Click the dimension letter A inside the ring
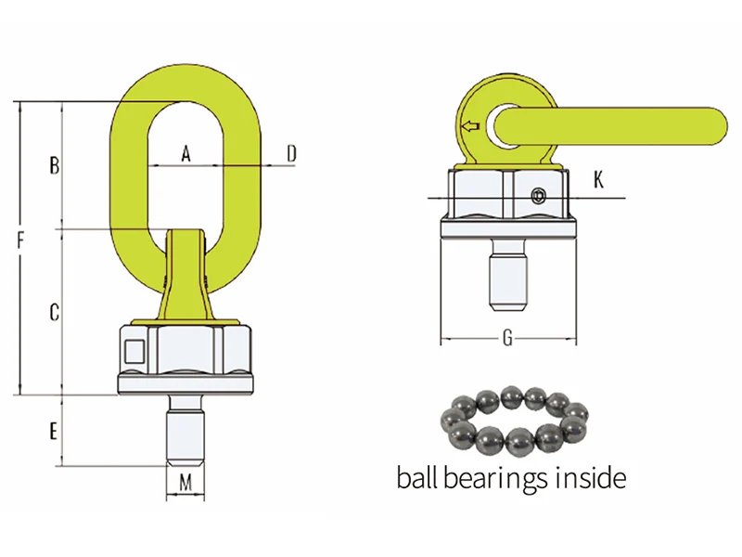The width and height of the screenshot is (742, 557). click(185, 153)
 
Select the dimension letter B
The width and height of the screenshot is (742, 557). click(55, 166)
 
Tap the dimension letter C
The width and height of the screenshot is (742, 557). click(55, 313)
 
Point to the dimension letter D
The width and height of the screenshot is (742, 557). click(291, 153)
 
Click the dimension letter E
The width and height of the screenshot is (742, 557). click(54, 431)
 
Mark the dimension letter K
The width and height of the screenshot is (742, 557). click(599, 179)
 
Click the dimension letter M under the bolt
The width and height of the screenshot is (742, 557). click(185, 482)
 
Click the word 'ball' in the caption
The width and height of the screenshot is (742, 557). click(418, 479)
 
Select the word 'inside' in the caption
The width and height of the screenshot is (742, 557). click(594, 479)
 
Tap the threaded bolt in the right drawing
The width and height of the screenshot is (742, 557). click(507, 278)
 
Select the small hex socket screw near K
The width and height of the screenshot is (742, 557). click(539, 196)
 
